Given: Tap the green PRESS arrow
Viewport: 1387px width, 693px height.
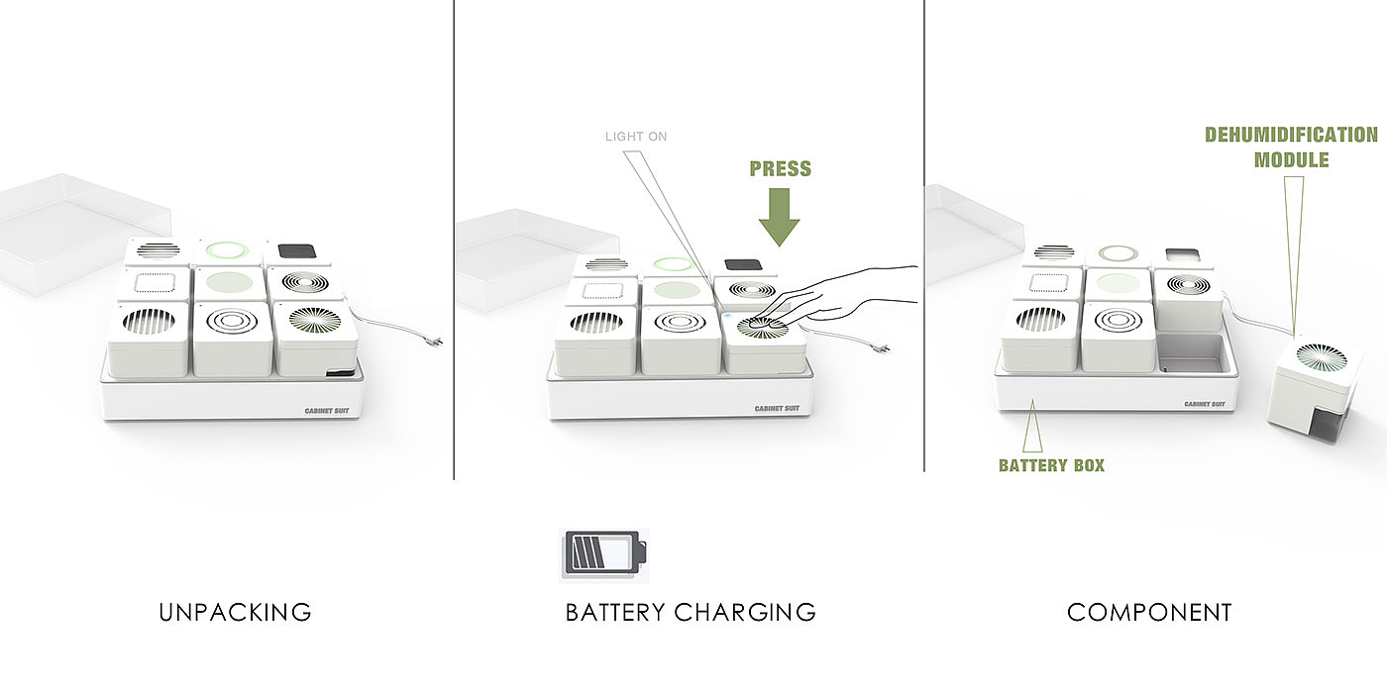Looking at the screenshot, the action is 780,218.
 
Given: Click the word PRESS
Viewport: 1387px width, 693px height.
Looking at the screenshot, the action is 780,168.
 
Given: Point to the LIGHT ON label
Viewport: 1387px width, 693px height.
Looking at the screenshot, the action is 636,137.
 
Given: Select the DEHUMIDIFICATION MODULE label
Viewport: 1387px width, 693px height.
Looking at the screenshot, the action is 1291,147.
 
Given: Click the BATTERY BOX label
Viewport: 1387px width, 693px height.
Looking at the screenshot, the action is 1051,464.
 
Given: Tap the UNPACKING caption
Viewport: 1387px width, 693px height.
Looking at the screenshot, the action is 235,613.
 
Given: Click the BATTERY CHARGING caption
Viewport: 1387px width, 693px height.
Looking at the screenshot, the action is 691,613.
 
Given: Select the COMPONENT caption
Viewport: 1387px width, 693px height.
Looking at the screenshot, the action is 1149,613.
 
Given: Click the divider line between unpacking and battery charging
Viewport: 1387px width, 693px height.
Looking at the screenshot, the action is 454,238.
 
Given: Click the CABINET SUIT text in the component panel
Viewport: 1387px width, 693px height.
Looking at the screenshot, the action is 1203,404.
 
